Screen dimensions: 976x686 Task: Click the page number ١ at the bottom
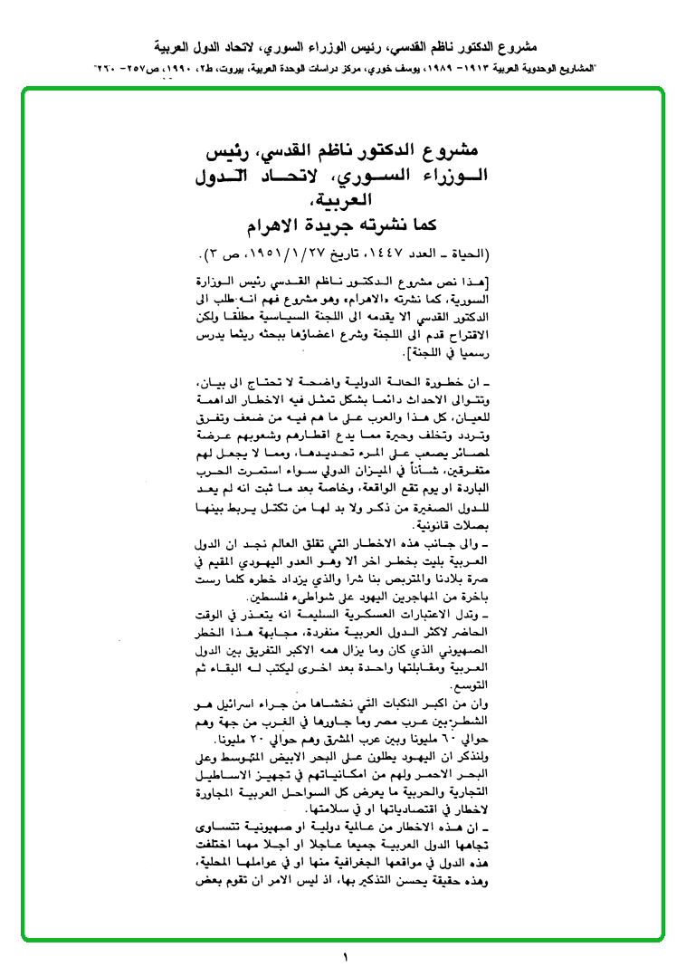pos(346,957)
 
